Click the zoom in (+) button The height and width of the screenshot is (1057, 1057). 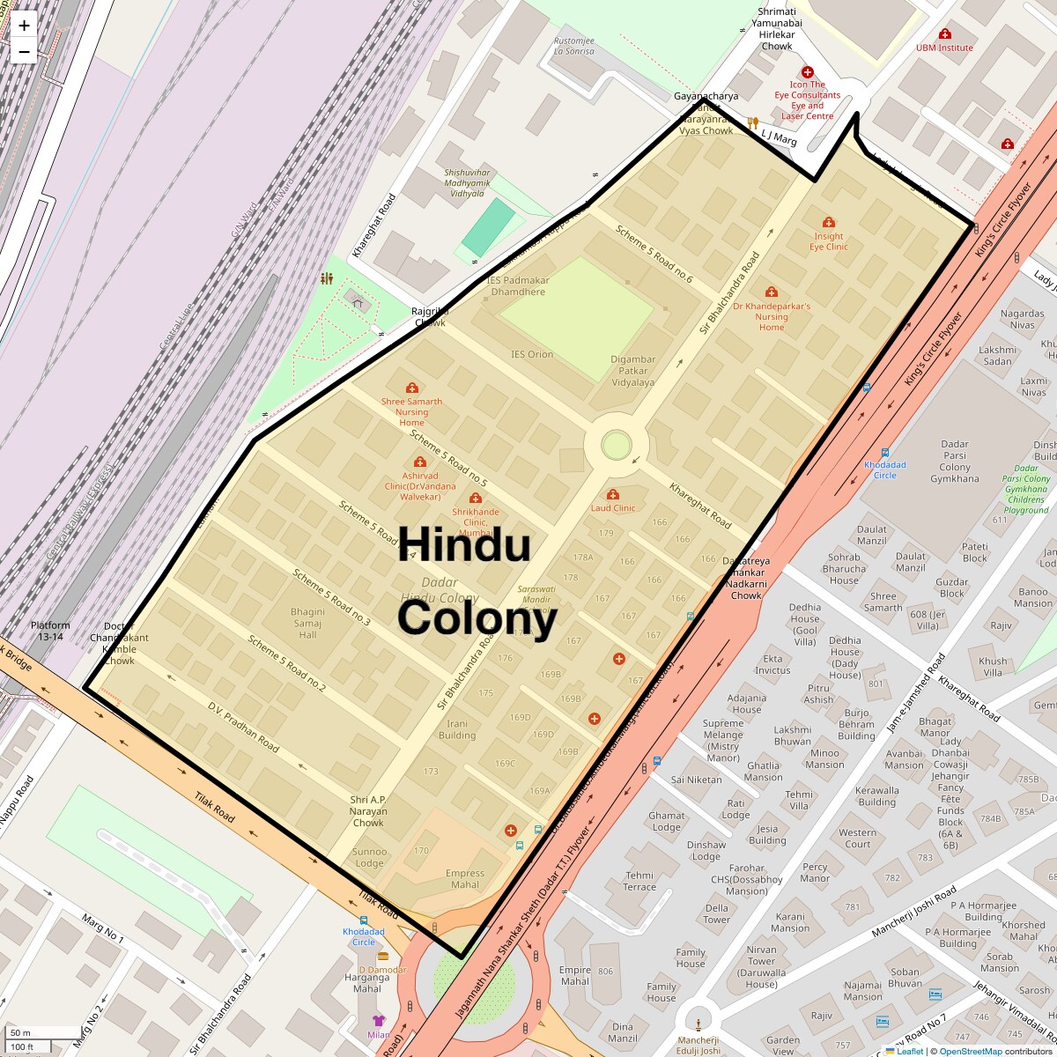point(24,26)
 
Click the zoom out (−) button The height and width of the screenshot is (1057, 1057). point(24,51)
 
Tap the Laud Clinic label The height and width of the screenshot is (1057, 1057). point(613,507)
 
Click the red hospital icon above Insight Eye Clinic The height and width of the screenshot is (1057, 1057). point(828,222)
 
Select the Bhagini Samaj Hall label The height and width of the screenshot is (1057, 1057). point(307,623)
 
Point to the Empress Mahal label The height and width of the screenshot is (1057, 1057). point(465,879)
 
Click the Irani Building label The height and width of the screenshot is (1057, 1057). point(457,729)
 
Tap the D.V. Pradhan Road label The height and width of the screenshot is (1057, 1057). point(243,727)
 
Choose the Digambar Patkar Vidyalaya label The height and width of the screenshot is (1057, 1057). point(633,371)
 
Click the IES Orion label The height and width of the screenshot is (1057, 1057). point(532,354)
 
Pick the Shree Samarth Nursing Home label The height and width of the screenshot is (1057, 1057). point(411,411)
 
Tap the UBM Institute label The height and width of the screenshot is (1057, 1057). point(944,48)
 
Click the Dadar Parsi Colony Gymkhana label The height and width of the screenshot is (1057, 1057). point(955,462)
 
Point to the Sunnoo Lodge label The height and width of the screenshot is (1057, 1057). point(369,857)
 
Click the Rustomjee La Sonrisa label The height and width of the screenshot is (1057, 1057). point(573,46)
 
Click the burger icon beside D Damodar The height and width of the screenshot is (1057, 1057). point(382,956)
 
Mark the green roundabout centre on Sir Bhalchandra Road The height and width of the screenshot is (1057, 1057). point(616,445)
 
